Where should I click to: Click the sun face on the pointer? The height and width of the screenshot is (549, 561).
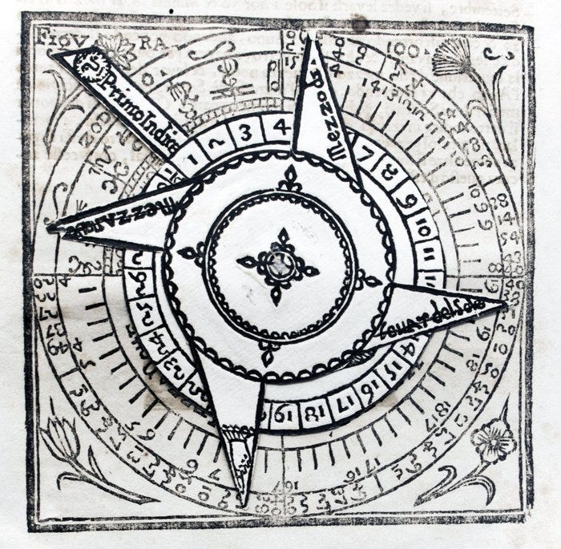coord(95,65)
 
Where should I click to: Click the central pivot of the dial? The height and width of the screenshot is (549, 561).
coord(278,266)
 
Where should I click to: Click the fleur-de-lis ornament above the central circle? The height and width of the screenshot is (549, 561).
coord(290,180)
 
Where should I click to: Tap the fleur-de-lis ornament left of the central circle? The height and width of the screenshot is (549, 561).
coord(192,254)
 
